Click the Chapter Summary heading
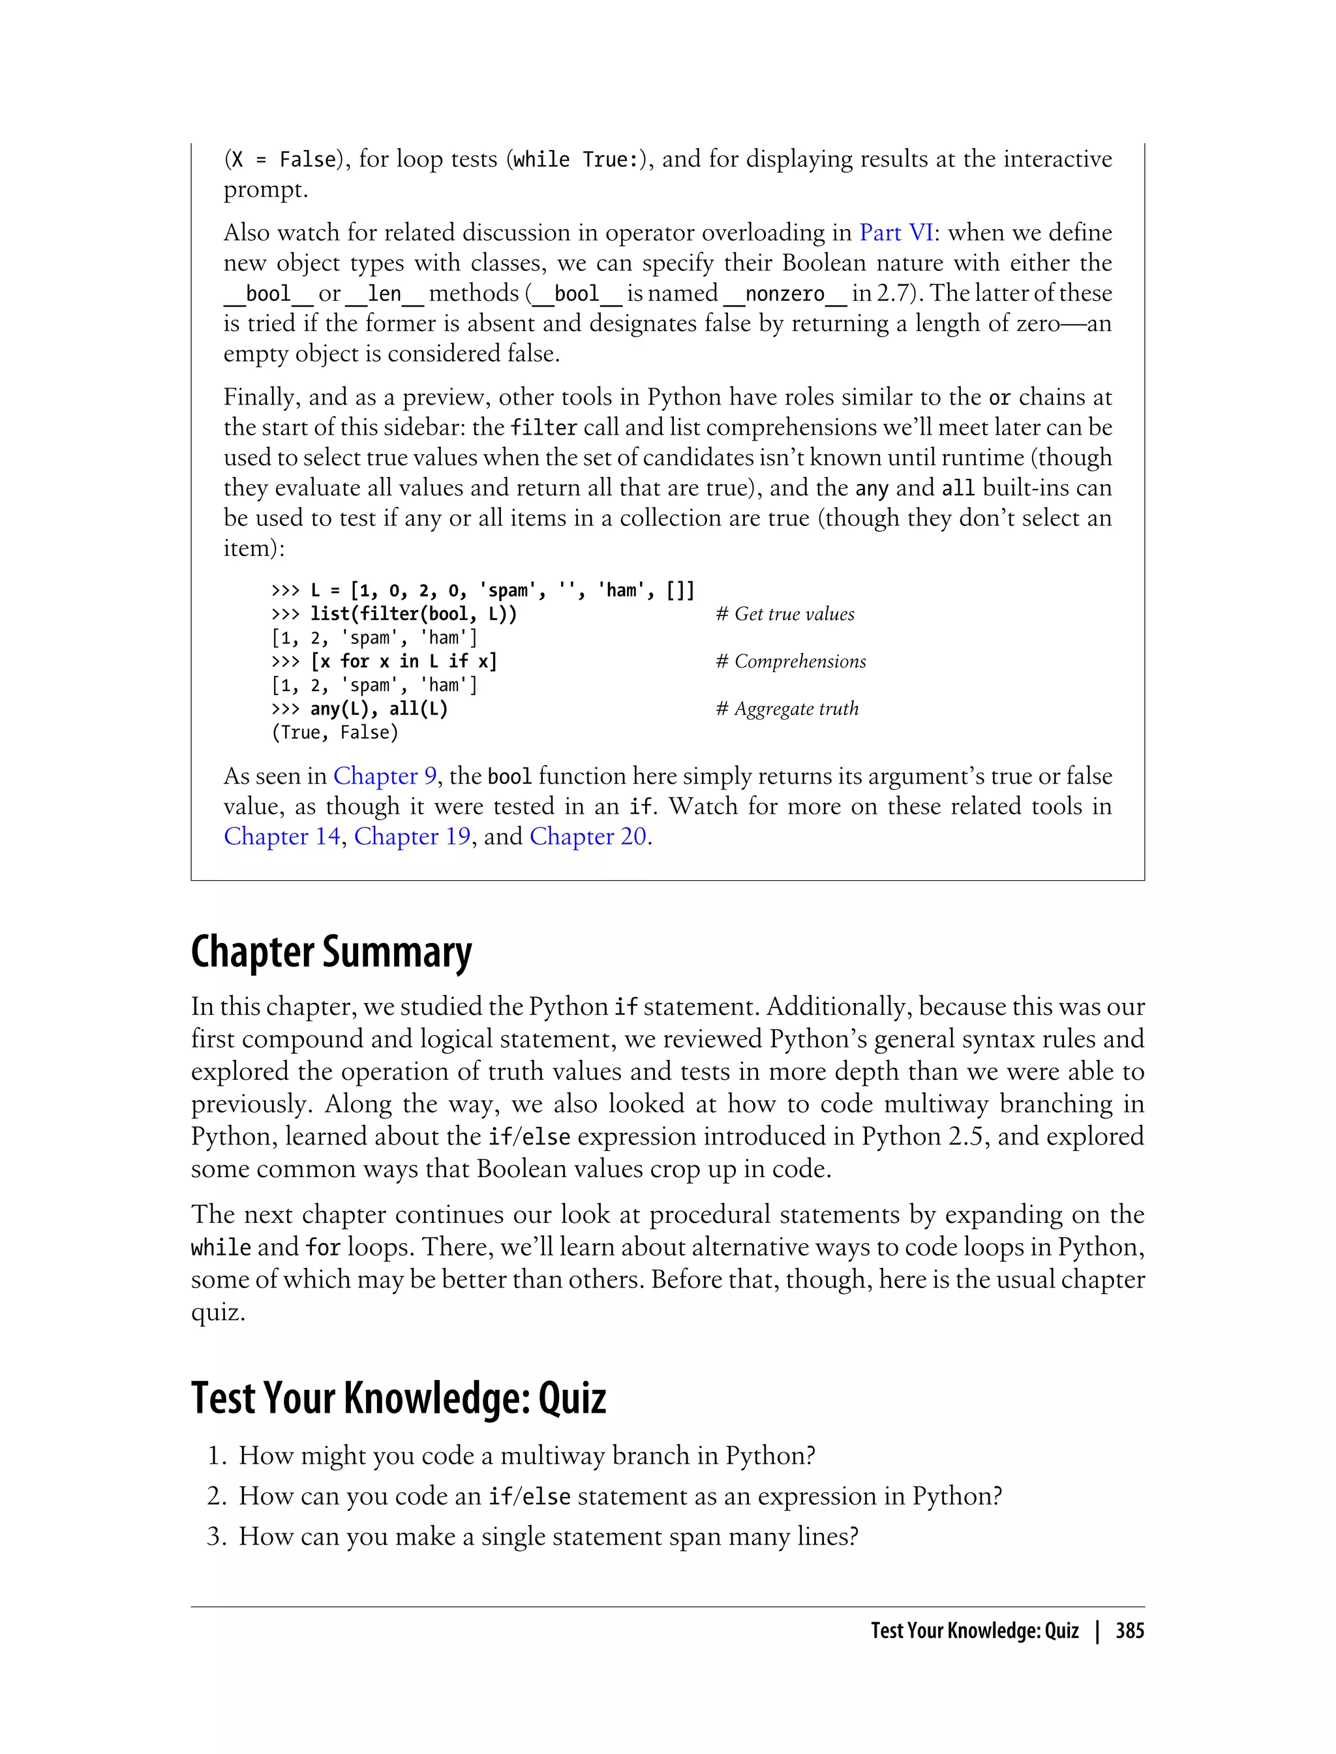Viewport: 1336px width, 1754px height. (x=331, y=952)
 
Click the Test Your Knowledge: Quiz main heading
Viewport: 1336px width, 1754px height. (x=399, y=1398)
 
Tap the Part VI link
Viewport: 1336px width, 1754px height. (x=896, y=232)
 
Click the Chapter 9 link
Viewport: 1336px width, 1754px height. (x=385, y=776)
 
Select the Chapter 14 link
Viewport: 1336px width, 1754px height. (x=282, y=836)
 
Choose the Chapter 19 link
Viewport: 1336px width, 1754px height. (x=412, y=836)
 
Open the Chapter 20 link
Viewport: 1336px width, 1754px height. (x=588, y=836)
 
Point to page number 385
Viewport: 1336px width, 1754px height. (x=1129, y=1631)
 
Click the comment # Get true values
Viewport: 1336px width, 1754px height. (x=785, y=614)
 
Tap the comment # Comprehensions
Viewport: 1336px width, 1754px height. (x=791, y=661)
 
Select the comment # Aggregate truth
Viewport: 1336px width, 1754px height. (x=787, y=709)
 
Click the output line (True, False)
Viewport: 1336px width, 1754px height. (x=335, y=733)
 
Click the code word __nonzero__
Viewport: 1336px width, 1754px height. (x=784, y=294)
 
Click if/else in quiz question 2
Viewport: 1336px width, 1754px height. (x=529, y=1496)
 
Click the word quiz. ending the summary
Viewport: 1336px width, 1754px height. (x=218, y=1312)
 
